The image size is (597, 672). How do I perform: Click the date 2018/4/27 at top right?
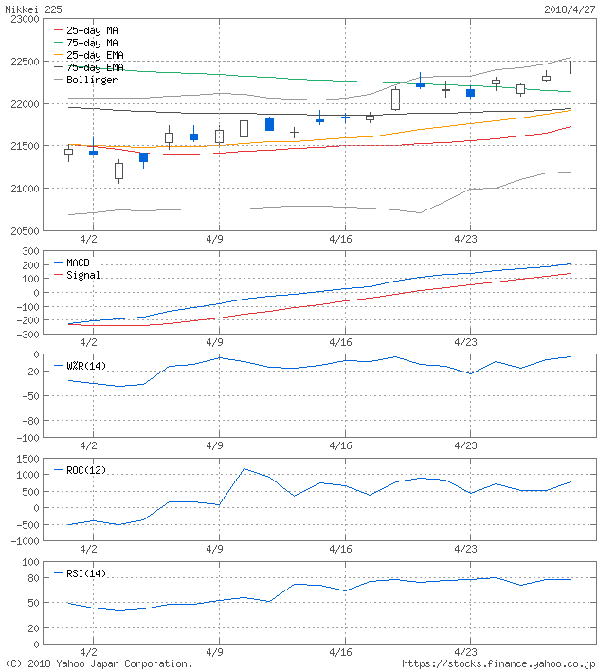[568, 8]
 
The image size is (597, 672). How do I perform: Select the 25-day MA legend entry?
[91, 30]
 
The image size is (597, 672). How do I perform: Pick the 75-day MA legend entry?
[91, 43]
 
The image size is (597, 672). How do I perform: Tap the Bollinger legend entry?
[91, 80]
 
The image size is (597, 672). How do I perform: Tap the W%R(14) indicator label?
[85, 365]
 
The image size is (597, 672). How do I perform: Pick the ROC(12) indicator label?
[85, 470]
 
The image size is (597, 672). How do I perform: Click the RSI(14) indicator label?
[85, 572]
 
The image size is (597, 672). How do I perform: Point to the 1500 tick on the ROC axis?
[26, 458]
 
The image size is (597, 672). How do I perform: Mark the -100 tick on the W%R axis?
[26, 438]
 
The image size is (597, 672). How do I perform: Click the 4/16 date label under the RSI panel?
[341, 653]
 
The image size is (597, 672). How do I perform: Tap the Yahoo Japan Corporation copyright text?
[99, 664]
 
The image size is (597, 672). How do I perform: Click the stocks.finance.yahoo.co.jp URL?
[498, 664]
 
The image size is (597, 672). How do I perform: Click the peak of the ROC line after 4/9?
[244, 468]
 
